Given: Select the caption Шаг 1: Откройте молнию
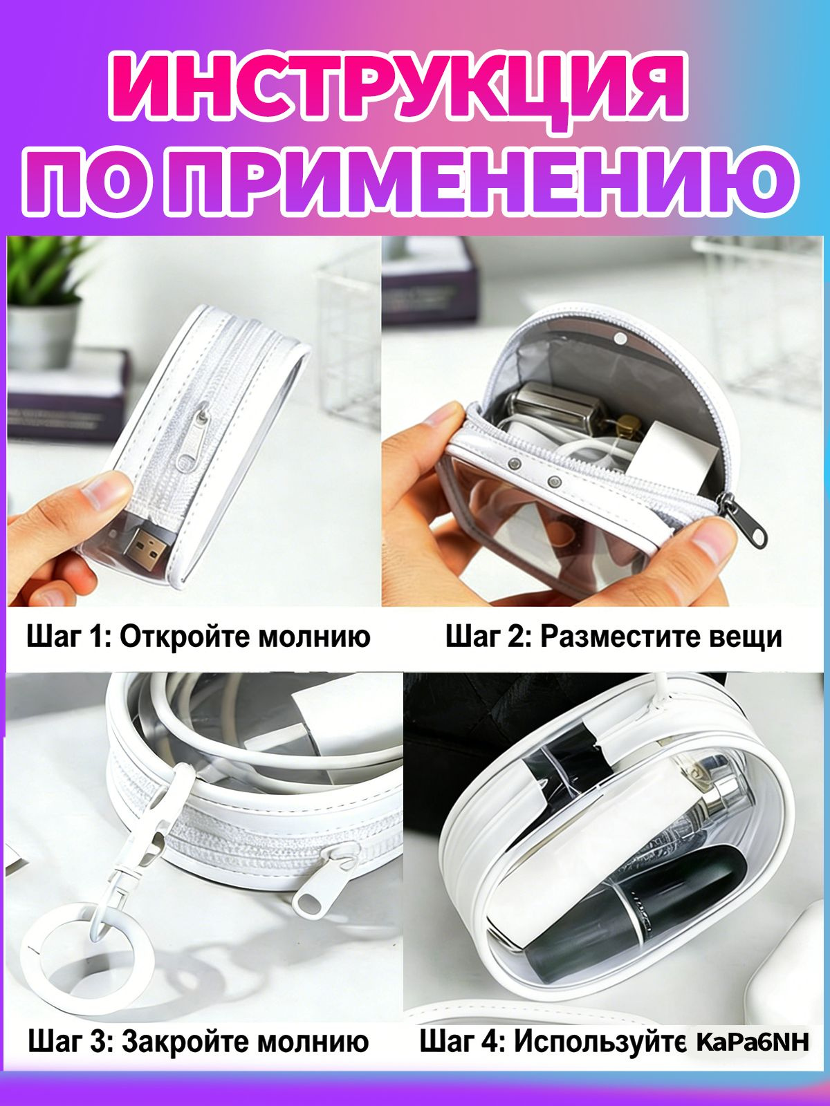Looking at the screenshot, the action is pos(199,637).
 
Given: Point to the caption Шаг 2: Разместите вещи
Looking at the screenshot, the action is pos(614,637).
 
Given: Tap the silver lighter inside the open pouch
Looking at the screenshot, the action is pos(547,408).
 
